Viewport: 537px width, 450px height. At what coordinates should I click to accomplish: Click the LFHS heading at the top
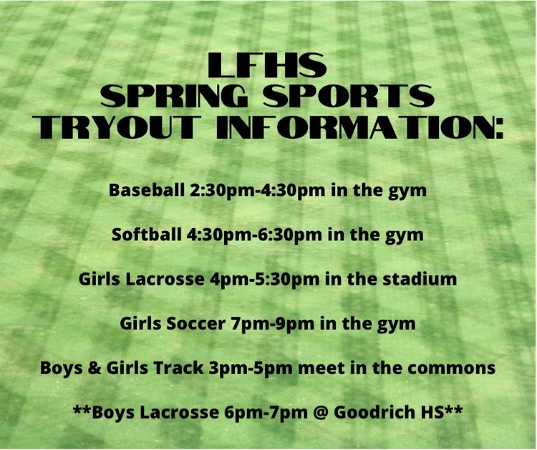(x=267, y=64)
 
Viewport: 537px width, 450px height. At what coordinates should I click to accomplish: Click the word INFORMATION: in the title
(x=361, y=127)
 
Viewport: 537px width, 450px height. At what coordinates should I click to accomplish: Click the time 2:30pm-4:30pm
(x=257, y=190)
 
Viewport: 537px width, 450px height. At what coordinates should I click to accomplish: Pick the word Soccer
(x=195, y=323)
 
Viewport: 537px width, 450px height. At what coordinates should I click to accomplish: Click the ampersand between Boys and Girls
(x=95, y=368)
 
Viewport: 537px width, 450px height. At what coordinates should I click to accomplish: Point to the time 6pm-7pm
(x=266, y=413)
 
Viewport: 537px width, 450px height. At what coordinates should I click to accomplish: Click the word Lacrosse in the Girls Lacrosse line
(x=165, y=279)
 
